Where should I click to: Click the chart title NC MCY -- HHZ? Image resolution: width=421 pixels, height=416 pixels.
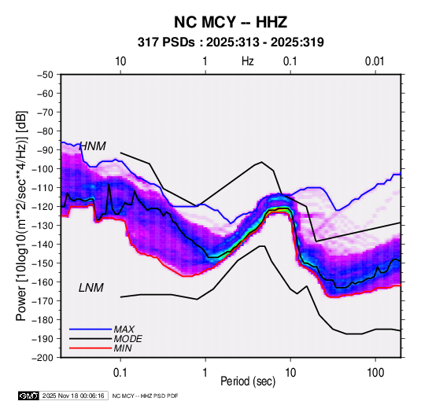pyautogui.click(x=231, y=22)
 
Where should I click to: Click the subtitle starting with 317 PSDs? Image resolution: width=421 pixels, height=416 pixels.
pyautogui.click(x=231, y=42)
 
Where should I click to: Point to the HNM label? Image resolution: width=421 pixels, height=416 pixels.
pyautogui.click(x=93, y=146)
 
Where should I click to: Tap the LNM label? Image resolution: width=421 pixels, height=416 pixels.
pyautogui.click(x=91, y=288)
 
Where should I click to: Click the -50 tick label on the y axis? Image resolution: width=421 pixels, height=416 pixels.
pyautogui.click(x=45, y=75)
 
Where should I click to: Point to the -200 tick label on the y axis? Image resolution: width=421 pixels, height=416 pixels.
pyautogui.click(x=42, y=358)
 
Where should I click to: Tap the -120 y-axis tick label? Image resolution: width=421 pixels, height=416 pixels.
pyautogui.click(x=42, y=207)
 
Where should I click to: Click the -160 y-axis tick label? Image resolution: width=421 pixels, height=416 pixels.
pyautogui.click(x=42, y=282)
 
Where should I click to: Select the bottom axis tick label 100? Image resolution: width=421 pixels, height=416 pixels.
pyautogui.click(x=375, y=373)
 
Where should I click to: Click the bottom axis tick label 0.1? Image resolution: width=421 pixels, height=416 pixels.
pyautogui.click(x=120, y=373)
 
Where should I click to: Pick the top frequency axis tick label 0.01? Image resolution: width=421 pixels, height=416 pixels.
pyautogui.click(x=375, y=61)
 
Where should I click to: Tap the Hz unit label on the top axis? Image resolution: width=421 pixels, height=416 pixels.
pyautogui.click(x=248, y=61)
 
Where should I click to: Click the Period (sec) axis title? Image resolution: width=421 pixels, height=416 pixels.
pyautogui.click(x=248, y=381)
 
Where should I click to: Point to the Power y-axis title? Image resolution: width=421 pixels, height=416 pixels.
pyautogui.click(x=21, y=215)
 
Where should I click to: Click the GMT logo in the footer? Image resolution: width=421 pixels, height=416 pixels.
pyautogui.click(x=29, y=396)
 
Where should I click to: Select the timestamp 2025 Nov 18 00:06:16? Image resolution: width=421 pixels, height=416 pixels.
pyautogui.click(x=73, y=396)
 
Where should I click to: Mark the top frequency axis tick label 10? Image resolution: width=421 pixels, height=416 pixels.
pyautogui.click(x=120, y=61)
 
